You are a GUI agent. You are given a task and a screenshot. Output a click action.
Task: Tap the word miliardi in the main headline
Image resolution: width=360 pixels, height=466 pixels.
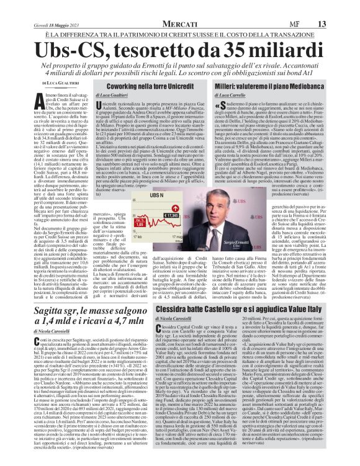click(x=291, y=31)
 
